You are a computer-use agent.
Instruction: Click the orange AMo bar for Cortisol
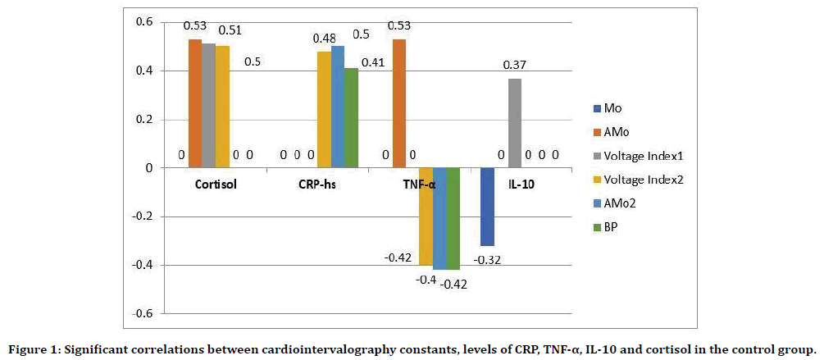tap(195, 104)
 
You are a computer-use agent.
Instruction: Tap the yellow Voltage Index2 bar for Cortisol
tap(222, 107)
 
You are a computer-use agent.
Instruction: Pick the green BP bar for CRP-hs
tap(352, 118)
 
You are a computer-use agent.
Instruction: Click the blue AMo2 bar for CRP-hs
tap(338, 107)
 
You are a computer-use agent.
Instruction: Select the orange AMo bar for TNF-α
tap(399, 104)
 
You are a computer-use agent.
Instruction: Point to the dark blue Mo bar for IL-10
tap(487, 207)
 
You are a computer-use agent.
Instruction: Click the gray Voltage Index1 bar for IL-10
tap(514, 123)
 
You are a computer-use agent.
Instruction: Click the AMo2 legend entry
tap(622, 203)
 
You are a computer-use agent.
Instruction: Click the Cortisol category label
tap(215, 184)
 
